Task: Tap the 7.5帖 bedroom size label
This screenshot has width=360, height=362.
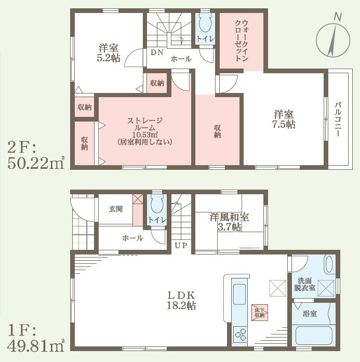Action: point(284,125)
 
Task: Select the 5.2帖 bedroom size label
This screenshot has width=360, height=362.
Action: point(109,58)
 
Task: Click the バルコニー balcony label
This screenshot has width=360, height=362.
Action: point(338,119)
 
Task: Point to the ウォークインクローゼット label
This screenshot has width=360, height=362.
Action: point(242,41)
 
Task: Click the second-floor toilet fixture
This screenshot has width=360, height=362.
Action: point(205,23)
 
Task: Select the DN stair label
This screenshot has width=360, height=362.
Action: point(157,52)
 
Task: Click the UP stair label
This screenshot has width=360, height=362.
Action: point(181,246)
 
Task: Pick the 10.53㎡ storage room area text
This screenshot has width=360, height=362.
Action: point(145,135)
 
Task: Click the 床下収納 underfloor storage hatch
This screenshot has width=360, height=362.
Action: point(260,312)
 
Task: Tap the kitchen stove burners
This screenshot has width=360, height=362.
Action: point(240,334)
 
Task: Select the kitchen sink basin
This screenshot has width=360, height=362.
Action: point(239,294)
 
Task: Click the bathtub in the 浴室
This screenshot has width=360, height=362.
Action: point(314,335)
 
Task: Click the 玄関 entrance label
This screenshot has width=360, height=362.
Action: point(116,209)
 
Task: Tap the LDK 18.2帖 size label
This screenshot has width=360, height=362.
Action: point(181,301)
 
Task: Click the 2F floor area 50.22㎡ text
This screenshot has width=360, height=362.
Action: point(36,156)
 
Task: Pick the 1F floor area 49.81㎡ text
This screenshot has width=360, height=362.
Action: point(36,339)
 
